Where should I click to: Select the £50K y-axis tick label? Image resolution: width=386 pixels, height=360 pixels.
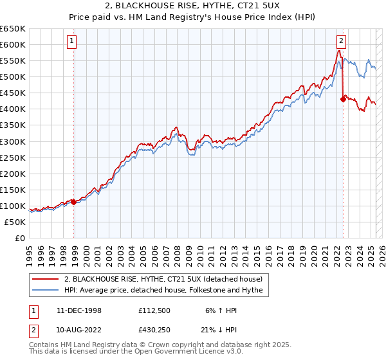pyautogui.click(x=15, y=222)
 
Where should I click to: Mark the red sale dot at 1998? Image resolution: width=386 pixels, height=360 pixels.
pyautogui.click(x=74, y=201)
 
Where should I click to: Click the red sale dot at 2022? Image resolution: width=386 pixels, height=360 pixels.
pyautogui.click(x=343, y=99)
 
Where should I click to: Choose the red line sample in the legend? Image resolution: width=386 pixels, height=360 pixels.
pyautogui.click(x=46, y=280)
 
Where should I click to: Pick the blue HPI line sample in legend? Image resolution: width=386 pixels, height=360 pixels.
pyautogui.click(x=46, y=291)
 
